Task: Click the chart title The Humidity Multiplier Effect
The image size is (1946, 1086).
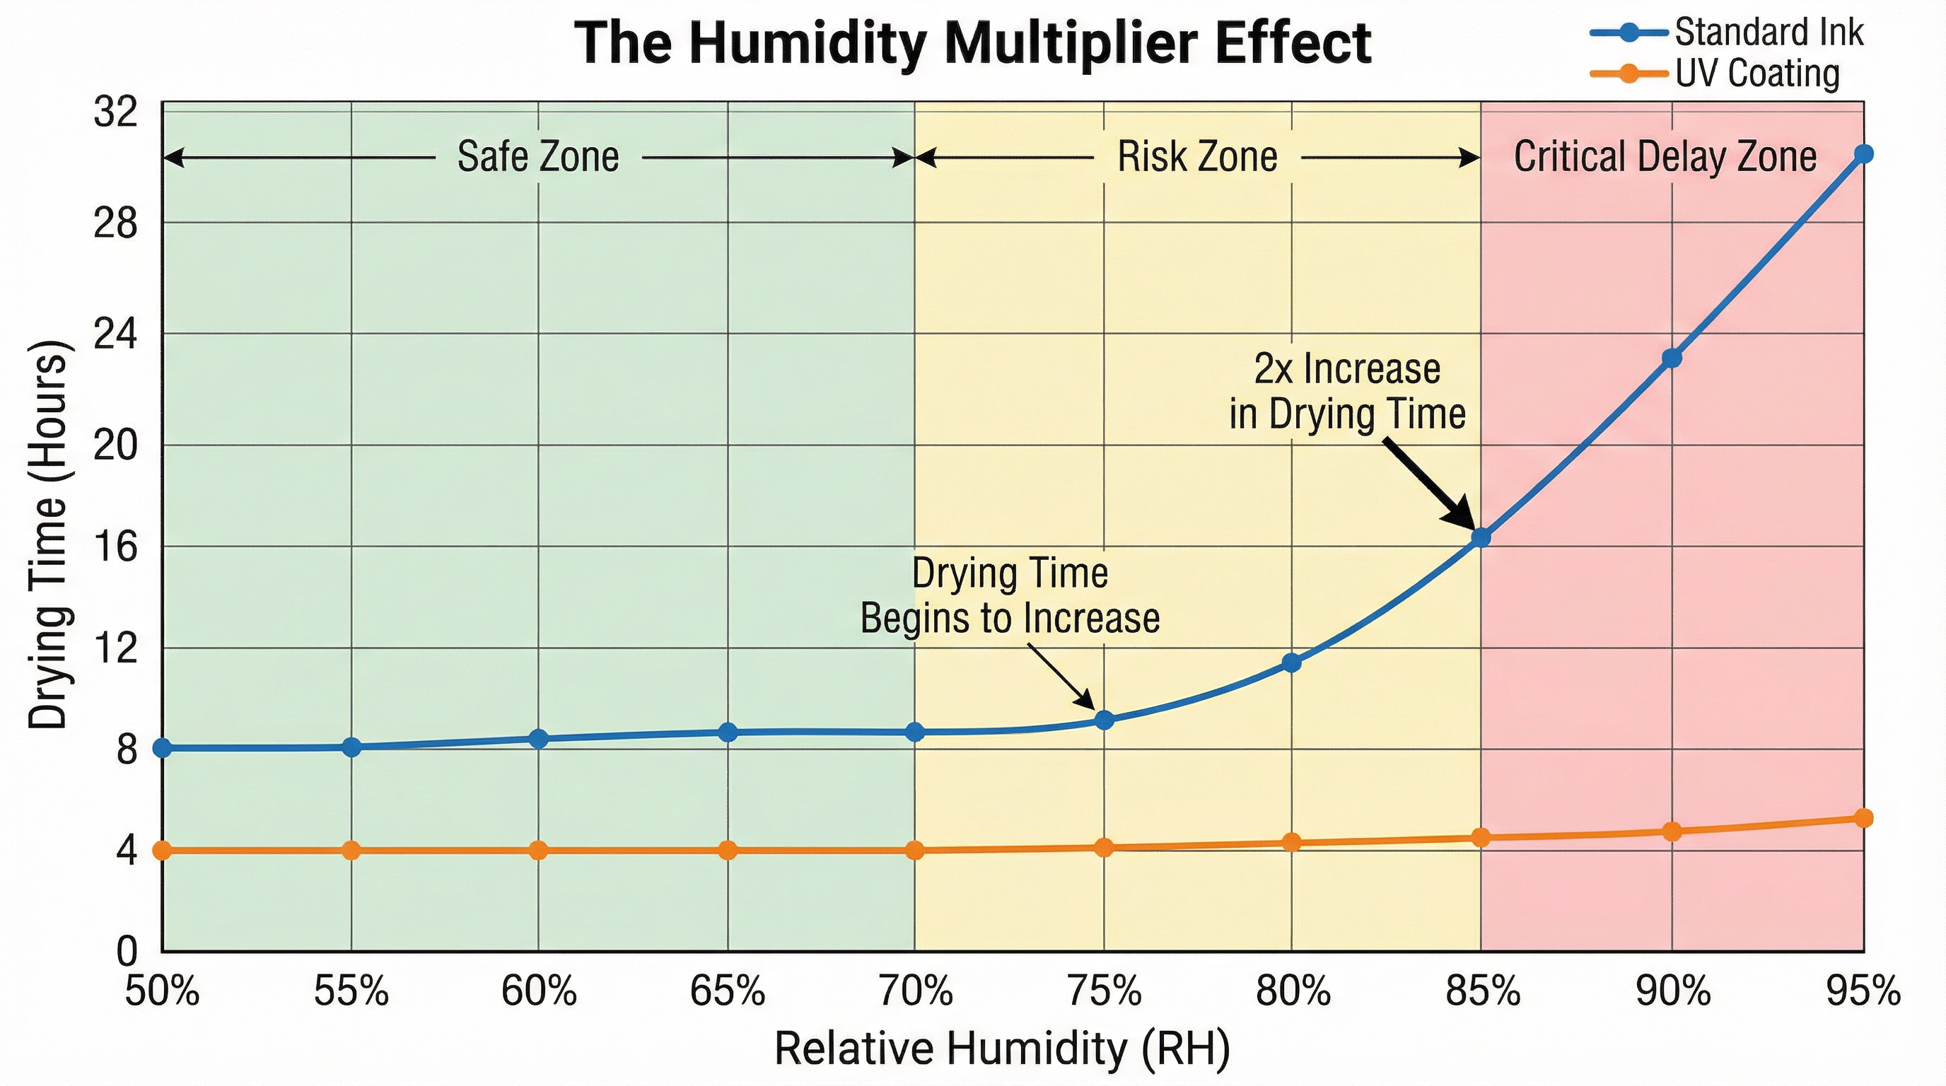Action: coord(973,43)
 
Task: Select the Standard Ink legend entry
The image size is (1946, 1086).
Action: coord(1769,33)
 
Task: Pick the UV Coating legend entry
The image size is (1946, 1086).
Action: coord(1756,74)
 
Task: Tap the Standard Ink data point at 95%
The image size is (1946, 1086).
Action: coord(1864,154)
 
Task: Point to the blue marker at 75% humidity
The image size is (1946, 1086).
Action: coord(1105,720)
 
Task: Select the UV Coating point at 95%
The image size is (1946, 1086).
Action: coord(1864,818)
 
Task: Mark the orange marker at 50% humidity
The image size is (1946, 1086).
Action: coord(163,851)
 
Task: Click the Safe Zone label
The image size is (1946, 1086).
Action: coord(538,157)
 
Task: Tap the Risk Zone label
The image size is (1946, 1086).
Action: coord(1196,157)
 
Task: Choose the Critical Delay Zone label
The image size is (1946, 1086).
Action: coord(1665,157)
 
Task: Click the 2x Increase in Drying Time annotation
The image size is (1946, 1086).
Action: coord(1347,391)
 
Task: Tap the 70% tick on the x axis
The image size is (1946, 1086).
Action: coord(916,991)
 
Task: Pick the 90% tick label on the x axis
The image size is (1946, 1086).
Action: coord(1673,991)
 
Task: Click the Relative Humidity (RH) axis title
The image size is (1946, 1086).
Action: coord(1002,1049)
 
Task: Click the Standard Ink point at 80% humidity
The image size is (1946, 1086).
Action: coord(1292,662)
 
